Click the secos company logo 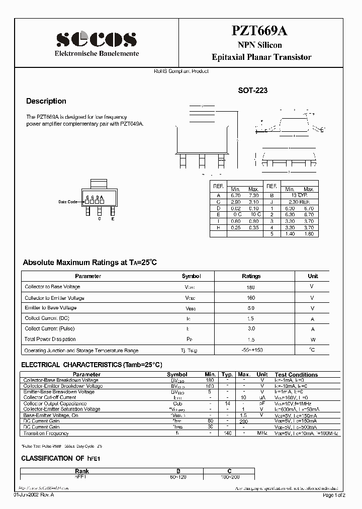coord(96,39)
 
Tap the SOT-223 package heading coord(252,91)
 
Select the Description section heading coord(46,101)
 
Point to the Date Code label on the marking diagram coord(68,202)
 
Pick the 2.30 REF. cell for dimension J coord(296,201)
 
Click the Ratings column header coord(251,276)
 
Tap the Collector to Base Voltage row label coord(52,287)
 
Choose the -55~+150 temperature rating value coord(251,350)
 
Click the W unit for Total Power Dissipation coord(312,340)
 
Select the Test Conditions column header coord(296,375)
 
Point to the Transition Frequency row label coord(46,433)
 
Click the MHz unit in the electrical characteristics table coord(262,433)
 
